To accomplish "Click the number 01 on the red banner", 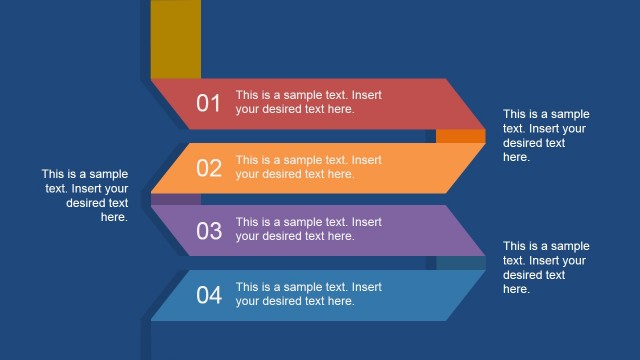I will coord(208,103).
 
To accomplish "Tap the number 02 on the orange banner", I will coord(208,167).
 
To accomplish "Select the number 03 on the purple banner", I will coord(208,231).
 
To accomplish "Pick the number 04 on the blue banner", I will coord(208,295).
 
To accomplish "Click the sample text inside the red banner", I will coord(308,102).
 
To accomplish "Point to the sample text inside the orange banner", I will coord(308,167).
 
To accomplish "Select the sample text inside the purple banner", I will coord(308,229).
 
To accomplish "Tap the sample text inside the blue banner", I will coord(308,294).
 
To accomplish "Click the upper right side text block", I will coord(546,136).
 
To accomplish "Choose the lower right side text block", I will coord(546,267).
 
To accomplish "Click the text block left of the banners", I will coord(85,195).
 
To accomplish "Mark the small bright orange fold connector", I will coord(460,136).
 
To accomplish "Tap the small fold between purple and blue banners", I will coord(460,263).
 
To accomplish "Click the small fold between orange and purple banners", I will coord(162,199).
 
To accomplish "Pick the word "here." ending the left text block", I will coord(114,217).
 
